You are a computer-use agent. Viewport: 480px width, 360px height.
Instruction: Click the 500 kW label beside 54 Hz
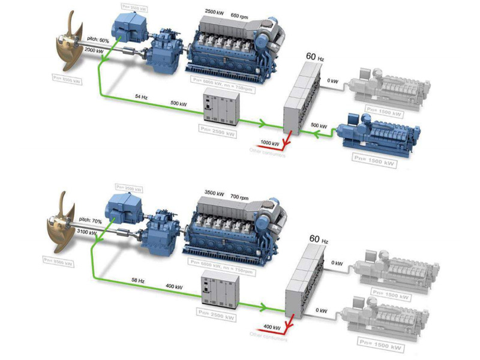[178, 104]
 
